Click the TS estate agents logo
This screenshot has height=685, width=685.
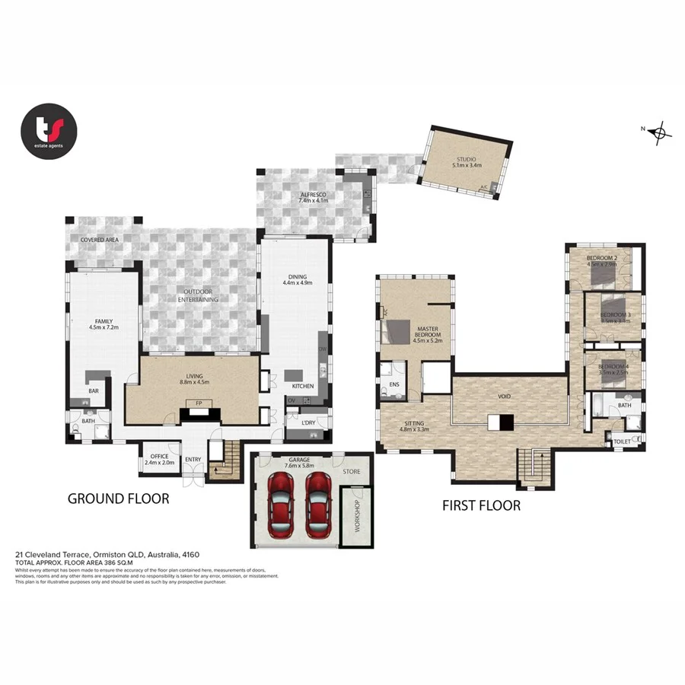(49, 131)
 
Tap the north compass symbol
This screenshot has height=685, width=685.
(660, 132)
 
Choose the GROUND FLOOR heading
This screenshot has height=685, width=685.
(118, 499)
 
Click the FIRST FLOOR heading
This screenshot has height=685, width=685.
(482, 505)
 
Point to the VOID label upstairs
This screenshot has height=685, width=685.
(505, 397)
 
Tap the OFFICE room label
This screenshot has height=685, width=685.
(159, 457)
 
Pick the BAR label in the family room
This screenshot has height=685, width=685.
(94, 391)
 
